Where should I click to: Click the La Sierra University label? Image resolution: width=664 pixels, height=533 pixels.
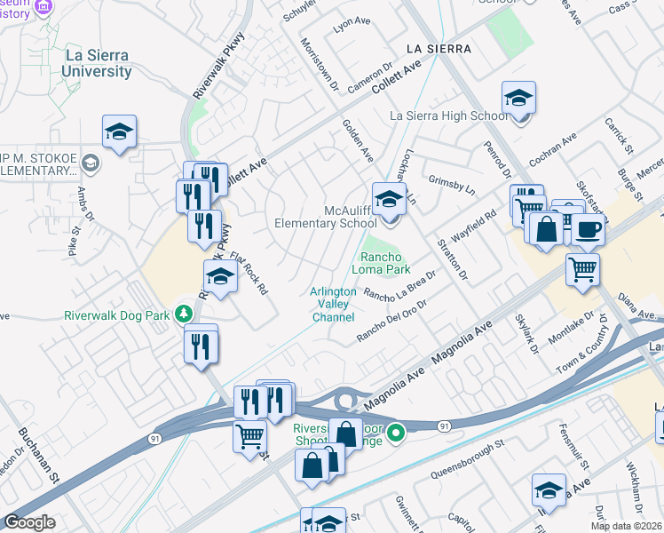96,63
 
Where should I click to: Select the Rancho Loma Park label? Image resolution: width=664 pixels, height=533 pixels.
384,262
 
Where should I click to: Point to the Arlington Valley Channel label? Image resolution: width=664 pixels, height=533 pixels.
333,304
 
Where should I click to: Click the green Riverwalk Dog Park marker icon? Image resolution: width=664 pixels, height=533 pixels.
184,313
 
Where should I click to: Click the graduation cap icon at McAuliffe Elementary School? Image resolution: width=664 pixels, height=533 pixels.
388,199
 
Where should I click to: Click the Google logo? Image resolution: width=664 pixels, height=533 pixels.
30,522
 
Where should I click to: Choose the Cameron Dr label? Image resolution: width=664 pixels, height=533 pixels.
370,78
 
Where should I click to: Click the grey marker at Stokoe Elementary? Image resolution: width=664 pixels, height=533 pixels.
90,163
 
